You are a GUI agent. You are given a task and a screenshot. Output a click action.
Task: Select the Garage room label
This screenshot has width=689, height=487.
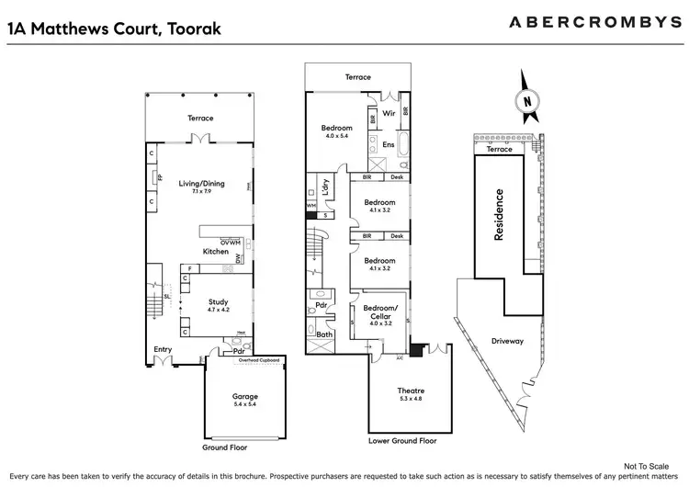click(244, 397)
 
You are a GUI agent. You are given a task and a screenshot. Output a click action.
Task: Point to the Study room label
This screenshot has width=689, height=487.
click(219, 302)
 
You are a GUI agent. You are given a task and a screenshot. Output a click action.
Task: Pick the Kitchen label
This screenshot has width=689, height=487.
click(216, 251)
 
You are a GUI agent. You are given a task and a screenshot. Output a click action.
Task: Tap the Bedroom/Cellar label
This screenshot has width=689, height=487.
click(380, 311)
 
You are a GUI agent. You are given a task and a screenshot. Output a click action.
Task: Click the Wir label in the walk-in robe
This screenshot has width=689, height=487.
click(389, 115)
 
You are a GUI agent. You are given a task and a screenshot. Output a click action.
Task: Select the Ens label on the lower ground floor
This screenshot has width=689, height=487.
click(389, 144)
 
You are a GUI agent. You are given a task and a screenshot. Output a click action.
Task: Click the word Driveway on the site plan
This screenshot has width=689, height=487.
click(506, 341)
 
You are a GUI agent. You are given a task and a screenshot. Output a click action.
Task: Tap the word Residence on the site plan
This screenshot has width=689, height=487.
click(500, 215)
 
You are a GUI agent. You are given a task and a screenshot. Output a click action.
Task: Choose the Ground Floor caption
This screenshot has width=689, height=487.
click(224, 448)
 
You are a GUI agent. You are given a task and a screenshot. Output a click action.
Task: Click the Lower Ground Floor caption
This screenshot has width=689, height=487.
click(404, 441)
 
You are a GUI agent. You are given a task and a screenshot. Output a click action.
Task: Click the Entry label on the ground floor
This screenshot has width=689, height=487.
click(163, 349)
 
